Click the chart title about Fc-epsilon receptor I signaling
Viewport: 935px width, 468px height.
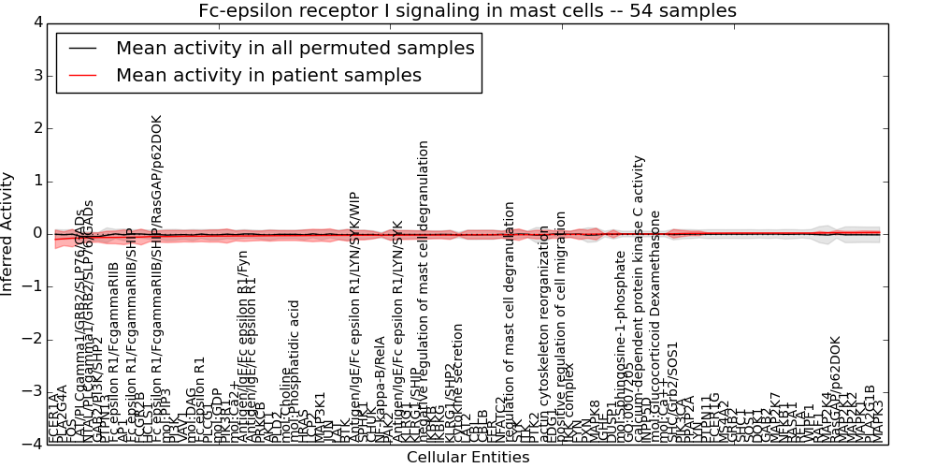467,10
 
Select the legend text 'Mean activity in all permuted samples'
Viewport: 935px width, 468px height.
295,48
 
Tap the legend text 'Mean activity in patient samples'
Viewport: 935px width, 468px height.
268,75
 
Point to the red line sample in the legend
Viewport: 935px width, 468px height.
81,76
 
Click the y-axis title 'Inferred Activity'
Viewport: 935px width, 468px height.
8,233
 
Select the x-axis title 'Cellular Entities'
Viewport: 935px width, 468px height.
467,457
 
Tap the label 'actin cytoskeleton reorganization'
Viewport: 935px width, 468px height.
544,318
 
